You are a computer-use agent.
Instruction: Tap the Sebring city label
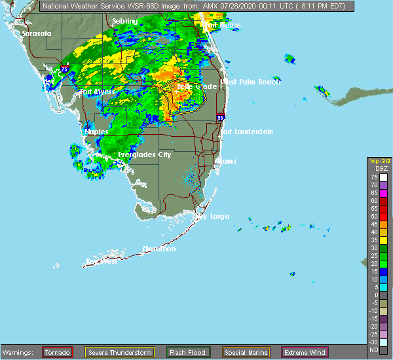coord(124,21)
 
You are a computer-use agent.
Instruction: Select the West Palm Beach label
coord(250,82)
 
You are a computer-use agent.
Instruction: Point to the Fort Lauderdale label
coord(246,132)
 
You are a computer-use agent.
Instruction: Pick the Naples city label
coord(96,132)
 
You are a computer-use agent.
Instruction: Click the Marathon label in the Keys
coord(159,249)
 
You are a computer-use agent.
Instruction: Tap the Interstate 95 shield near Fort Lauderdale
coord(221,118)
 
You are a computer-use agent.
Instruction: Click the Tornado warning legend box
coord(57,352)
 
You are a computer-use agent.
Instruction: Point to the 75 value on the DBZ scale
coord(374,177)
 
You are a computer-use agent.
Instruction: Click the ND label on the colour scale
coord(374,350)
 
